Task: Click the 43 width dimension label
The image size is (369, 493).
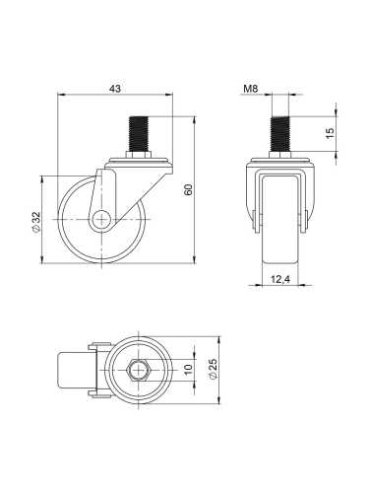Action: (114, 89)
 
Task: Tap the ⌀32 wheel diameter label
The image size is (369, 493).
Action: (35, 221)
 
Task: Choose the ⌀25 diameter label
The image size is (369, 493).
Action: (213, 371)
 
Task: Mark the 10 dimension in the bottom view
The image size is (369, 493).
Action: (188, 371)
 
